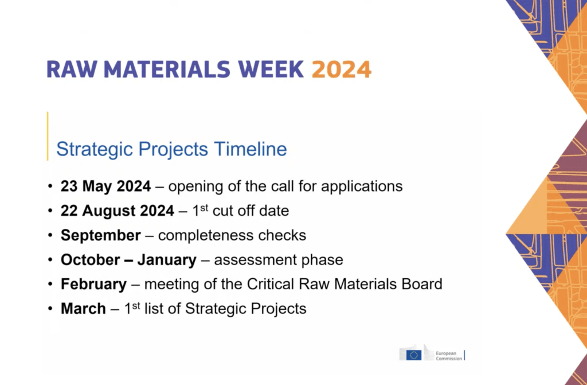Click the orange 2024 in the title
[342, 69]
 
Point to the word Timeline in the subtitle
[251, 149]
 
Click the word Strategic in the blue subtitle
[95, 150]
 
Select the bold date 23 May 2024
[105, 186]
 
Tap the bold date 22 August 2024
[117, 211]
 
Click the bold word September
[101, 236]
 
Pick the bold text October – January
[128, 260]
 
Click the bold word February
[93, 285]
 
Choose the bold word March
[83, 309]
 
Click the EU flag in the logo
[414, 355]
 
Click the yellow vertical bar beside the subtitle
[48, 136]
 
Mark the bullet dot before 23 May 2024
[50, 186]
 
